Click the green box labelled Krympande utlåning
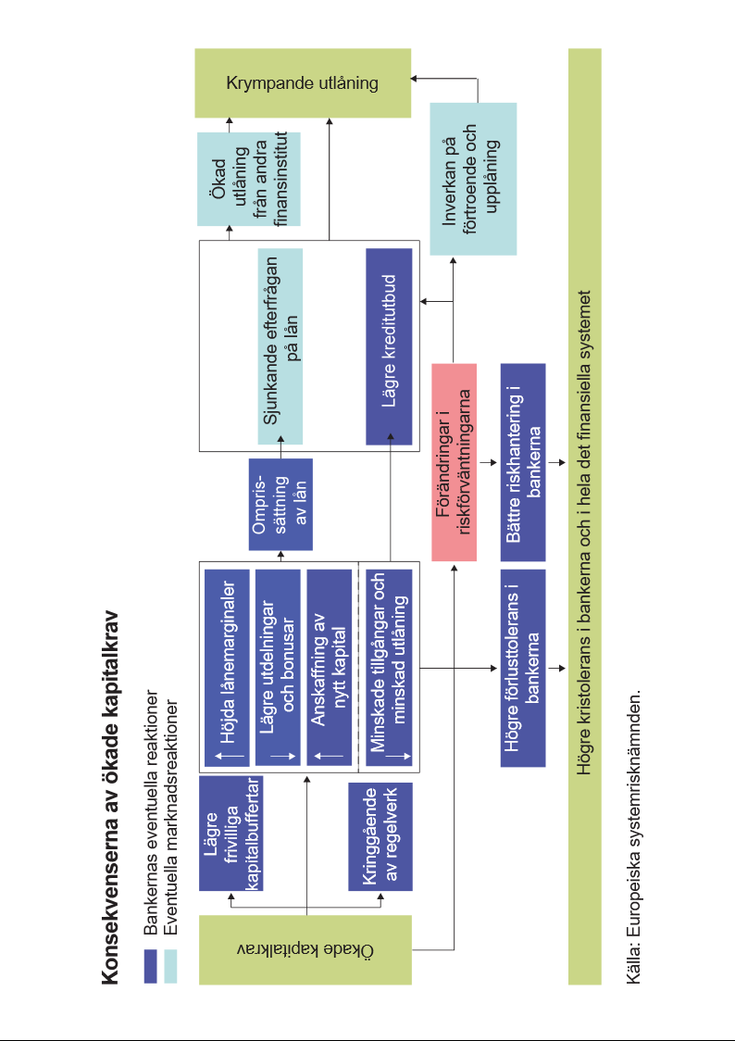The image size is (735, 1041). tap(302, 83)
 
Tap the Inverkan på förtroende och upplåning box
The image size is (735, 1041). tap(473, 179)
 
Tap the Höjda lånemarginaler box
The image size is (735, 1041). tap(226, 668)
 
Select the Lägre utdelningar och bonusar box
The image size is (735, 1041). tap(278, 668)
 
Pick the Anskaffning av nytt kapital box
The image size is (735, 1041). tap(329, 668)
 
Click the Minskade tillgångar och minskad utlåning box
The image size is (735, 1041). tap(389, 668)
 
